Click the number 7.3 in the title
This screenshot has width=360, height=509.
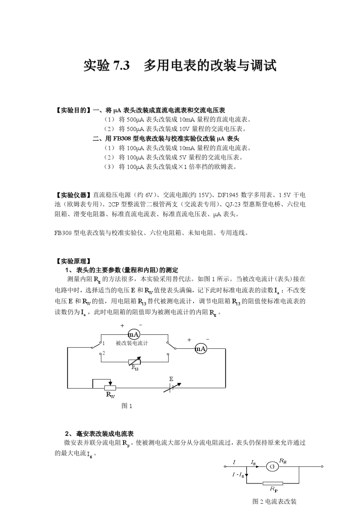tap(121, 66)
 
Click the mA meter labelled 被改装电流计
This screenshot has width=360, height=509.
tap(134, 334)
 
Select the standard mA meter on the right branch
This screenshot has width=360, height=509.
tap(200, 349)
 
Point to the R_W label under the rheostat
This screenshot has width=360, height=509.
tap(110, 395)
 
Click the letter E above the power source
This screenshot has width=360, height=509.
tap(171, 379)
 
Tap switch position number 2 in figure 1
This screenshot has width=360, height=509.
tap(103, 353)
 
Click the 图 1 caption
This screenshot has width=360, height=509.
tap(127, 406)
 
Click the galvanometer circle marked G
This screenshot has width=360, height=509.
tap(272, 467)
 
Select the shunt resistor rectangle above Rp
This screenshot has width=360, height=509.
tap(272, 483)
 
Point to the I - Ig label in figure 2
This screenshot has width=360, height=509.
tap(238, 475)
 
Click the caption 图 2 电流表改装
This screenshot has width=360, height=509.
tap(275, 501)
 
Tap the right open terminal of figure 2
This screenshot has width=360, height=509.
tap(322, 467)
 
